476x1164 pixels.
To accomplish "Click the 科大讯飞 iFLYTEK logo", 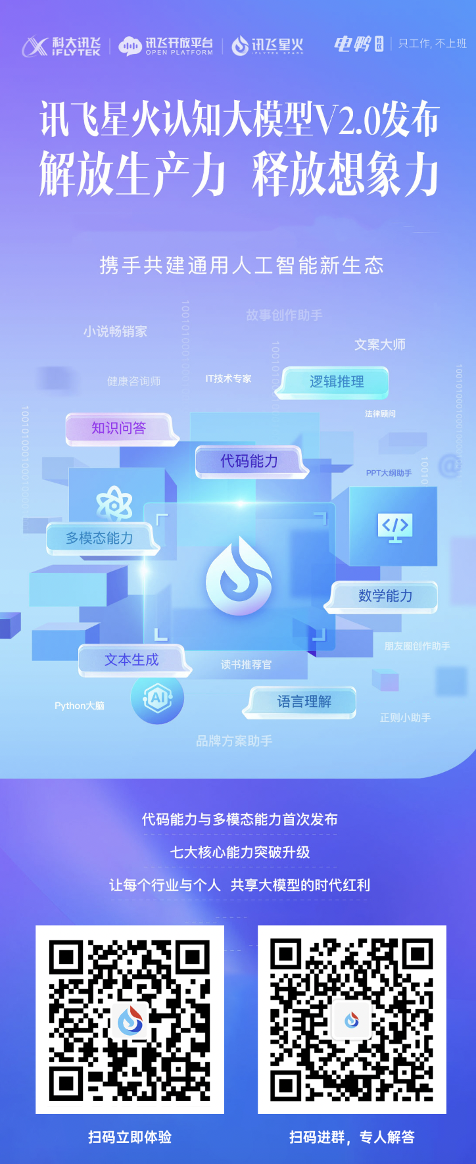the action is click(x=61, y=45).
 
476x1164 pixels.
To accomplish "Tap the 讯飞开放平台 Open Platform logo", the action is click(x=166, y=45).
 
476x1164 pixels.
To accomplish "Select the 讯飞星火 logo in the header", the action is click(x=268, y=45).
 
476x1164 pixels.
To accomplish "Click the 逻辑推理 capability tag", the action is click(x=336, y=382).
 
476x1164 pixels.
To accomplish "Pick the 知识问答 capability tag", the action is click(x=119, y=429).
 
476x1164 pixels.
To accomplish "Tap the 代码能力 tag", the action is click(x=249, y=461).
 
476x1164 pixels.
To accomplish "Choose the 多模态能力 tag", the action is click(x=100, y=538).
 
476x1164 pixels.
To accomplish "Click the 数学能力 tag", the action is click(x=385, y=596).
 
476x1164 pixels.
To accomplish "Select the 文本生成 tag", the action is click(x=132, y=660).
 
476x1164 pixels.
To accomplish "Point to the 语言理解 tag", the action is click(x=303, y=702).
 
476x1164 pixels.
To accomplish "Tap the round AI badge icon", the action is click(x=157, y=698).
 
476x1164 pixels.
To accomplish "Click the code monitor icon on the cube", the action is click(x=394, y=527).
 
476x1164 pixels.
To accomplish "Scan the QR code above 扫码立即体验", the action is click(x=130, y=1019).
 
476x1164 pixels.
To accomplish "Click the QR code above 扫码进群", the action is click(x=352, y=1019).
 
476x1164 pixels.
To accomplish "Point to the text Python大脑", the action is click(x=80, y=706).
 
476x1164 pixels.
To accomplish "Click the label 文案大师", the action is click(x=380, y=345).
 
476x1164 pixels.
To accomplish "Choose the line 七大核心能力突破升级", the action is click(x=239, y=852).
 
